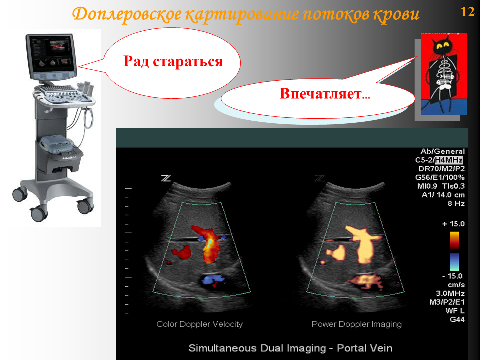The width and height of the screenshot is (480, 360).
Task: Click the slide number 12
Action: (467, 12)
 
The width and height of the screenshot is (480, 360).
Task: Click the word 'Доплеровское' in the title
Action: (126, 15)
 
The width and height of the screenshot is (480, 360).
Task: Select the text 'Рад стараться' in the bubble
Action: (173, 61)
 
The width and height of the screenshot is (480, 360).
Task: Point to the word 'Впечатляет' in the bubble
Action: (321, 93)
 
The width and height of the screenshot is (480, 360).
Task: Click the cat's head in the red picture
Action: (442, 46)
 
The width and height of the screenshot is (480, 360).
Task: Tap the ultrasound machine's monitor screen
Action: (51, 54)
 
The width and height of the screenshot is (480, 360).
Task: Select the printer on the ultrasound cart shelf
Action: (57, 144)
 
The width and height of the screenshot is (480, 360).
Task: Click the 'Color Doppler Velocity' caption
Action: (199, 324)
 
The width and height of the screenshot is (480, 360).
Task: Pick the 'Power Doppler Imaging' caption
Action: (356, 324)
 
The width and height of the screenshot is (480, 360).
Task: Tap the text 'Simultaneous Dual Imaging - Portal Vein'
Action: (290, 348)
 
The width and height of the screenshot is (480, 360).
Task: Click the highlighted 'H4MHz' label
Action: (449, 160)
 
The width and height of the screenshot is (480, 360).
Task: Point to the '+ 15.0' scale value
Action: (453, 224)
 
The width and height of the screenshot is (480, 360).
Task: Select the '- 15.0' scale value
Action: (452, 276)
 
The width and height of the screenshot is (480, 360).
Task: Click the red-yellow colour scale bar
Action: (454, 240)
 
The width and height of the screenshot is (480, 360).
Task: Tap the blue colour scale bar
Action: (454, 262)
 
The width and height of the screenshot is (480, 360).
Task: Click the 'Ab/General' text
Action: (442, 151)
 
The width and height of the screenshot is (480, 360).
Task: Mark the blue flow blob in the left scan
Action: (213, 280)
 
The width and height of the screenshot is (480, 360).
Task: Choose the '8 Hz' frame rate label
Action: (456, 204)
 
